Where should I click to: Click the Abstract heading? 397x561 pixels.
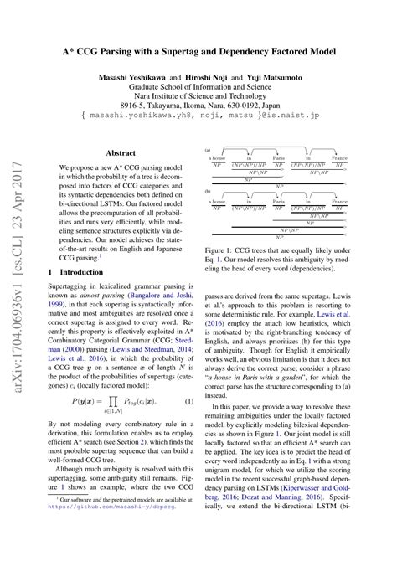[121, 130]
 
